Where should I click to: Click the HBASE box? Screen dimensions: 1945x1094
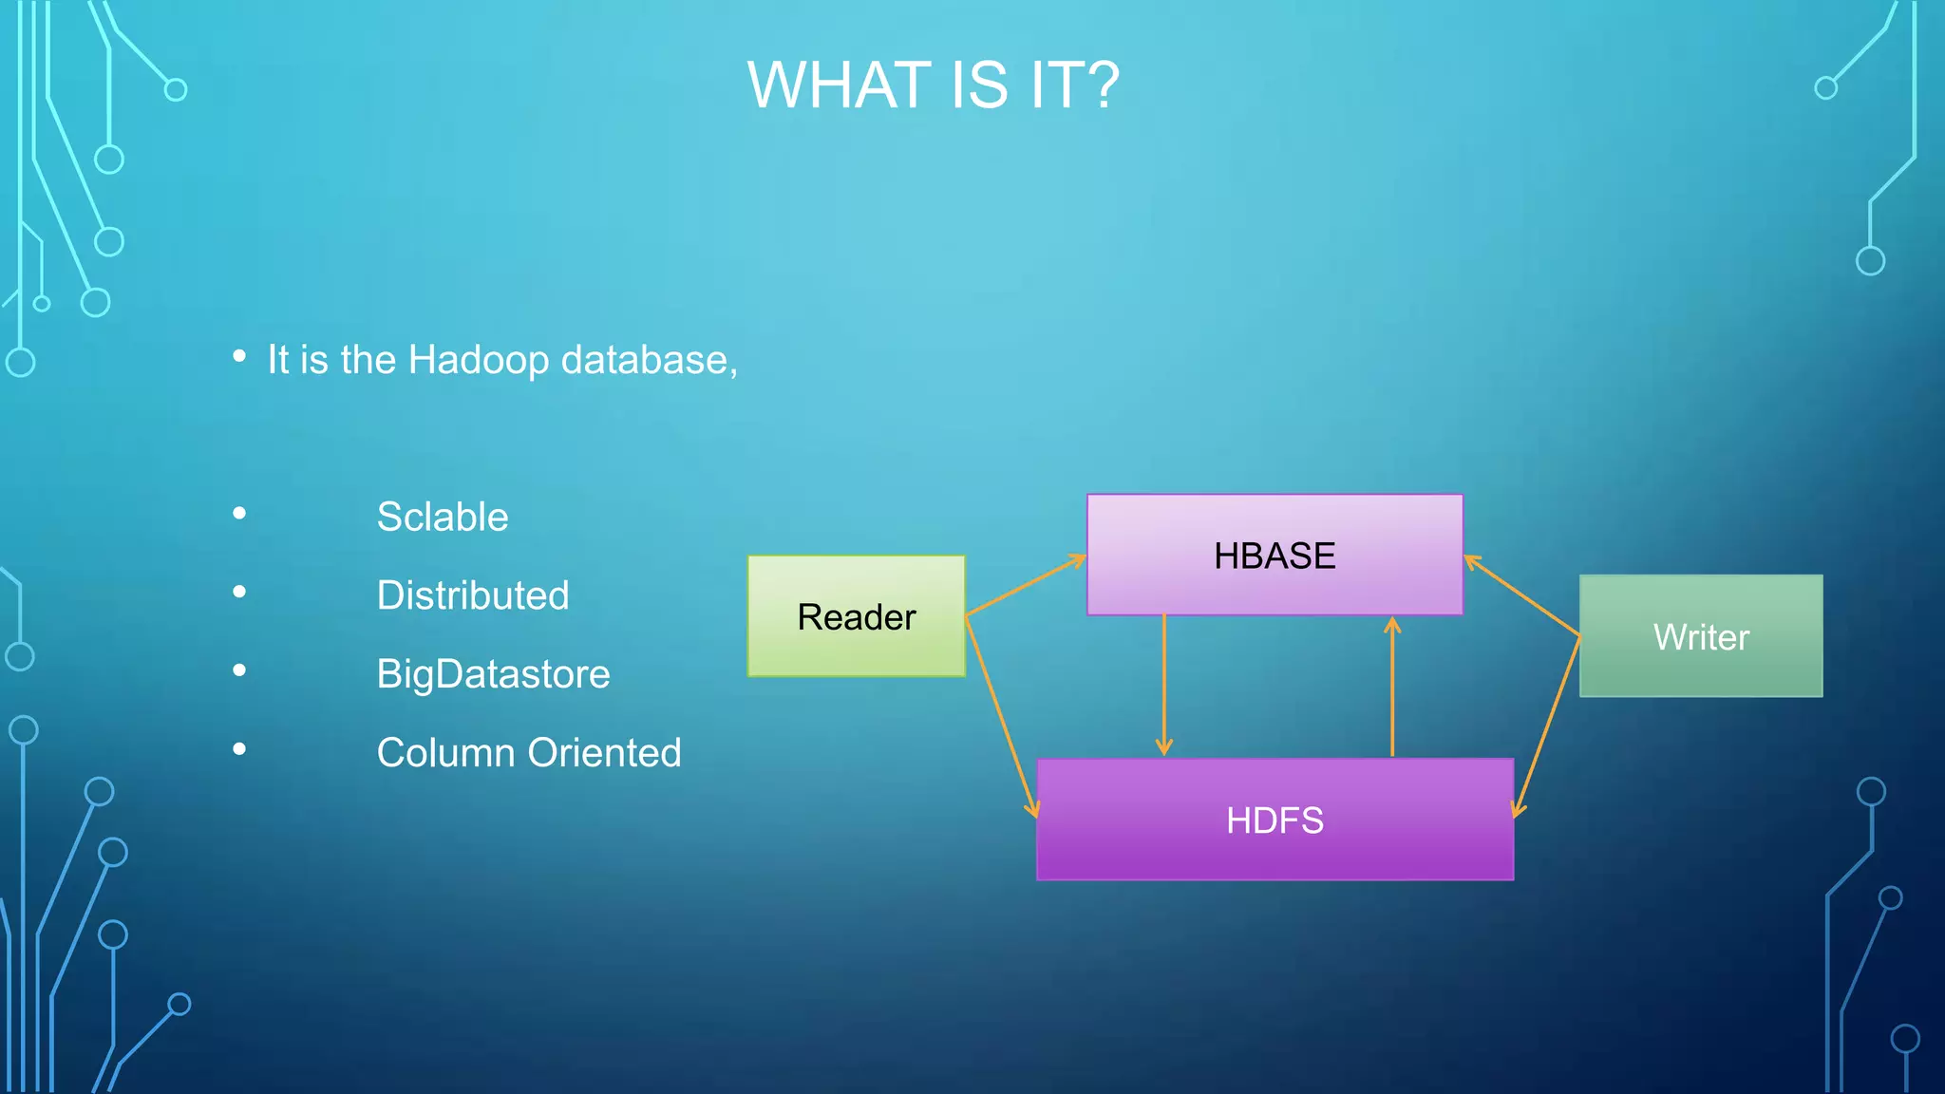click(x=1275, y=555)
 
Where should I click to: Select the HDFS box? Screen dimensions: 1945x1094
click(x=1275, y=820)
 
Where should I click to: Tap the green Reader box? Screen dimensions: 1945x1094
click(x=856, y=616)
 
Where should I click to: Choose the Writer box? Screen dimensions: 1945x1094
click(x=1700, y=636)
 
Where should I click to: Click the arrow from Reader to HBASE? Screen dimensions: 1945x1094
click(x=1026, y=586)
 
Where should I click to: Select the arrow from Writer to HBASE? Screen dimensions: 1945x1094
click(x=1522, y=595)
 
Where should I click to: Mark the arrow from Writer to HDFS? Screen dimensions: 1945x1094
click(x=1547, y=726)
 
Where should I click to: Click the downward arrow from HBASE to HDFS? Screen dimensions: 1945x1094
click(x=1164, y=685)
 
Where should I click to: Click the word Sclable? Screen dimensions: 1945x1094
click(x=443, y=518)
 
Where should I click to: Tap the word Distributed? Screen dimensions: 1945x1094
click(x=473, y=596)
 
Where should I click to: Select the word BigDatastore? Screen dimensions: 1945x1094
click(x=493, y=674)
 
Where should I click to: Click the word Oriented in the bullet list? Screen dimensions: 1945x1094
click(x=604, y=753)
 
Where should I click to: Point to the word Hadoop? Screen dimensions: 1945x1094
click(x=479, y=361)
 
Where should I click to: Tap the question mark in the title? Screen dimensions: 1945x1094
click(x=1101, y=85)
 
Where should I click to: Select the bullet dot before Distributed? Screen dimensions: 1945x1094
click(x=239, y=593)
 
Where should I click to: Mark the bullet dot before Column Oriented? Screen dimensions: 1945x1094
click(x=239, y=749)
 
